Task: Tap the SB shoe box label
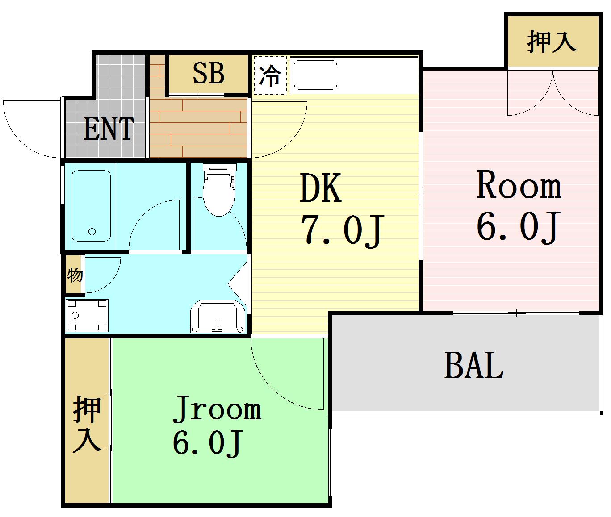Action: coord(208,73)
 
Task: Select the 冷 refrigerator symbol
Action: coord(270,75)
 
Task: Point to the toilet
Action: coord(219,190)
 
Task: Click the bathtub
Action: coord(91,205)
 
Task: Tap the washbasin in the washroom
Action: coord(218,317)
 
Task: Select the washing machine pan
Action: coord(87,316)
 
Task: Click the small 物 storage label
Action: coord(75,275)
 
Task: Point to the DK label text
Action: coord(321,188)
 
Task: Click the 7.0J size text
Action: coord(342,229)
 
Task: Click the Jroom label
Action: coord(217,408)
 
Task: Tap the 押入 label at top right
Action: coord(551,42)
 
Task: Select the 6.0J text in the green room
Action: coord(207,443)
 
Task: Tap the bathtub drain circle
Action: coord(92,231)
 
